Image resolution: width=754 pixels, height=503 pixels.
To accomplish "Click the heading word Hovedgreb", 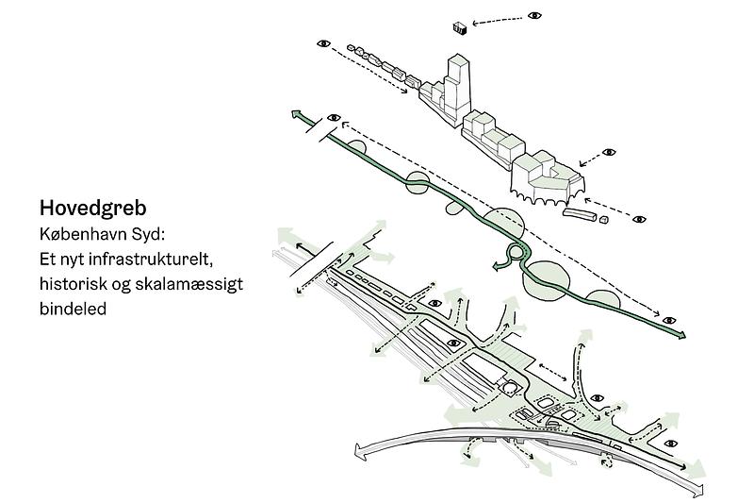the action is pyautogui.click(x=92, y=209).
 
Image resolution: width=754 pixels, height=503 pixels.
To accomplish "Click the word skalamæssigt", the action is pyautogui.click(x=189, y=284).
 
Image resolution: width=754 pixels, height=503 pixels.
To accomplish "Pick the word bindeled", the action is pyautogui.click(x=73, y=309).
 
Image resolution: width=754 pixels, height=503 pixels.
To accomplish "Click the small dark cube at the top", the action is pyautogui.click(x=460, y=28).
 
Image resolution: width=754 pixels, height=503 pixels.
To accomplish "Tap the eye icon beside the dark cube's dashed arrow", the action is pyautogui.click(x=534, y=15).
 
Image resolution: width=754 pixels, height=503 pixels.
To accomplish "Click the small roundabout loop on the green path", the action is pyautogui.click(x=516, y=252).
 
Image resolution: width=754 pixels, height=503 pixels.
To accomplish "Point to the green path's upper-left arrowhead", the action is pyautogui.click(x=296, y=114).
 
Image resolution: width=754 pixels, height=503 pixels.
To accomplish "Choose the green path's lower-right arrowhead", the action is pyautogui.click(x=680, y=335).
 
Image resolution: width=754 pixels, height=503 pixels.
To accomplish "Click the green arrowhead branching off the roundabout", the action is pyautogui.click(x=496, y=266).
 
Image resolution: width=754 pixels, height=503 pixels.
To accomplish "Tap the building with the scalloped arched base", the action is pyautogui.click(x=546, y=179).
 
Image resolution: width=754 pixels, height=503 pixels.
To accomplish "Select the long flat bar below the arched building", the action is pyautogui.click(x=580, y=214).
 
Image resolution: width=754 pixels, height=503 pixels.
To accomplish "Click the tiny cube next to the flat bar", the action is pyautogui.click(x=604, y=220).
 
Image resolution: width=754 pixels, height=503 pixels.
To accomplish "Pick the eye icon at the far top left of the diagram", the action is pyautogui.click(x=323, y=43).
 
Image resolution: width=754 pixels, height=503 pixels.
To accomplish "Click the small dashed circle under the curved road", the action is pyautogui.click(x=607, y=462).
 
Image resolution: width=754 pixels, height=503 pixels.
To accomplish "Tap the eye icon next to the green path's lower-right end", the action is pyautogui.click(x=669, y=321).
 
